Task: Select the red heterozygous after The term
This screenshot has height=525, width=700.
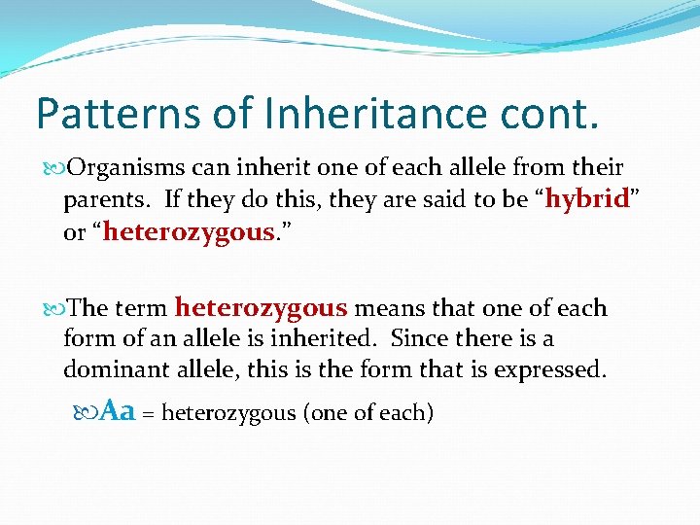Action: pyautogui.click(x=261, y=308)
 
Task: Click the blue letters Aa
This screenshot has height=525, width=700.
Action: pyautogui.click(x=118, y=411)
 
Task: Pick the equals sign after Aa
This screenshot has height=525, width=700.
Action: pyautogui.click(x=149, y=414)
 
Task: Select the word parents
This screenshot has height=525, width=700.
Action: pyautogui.click(x=101, y=201)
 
